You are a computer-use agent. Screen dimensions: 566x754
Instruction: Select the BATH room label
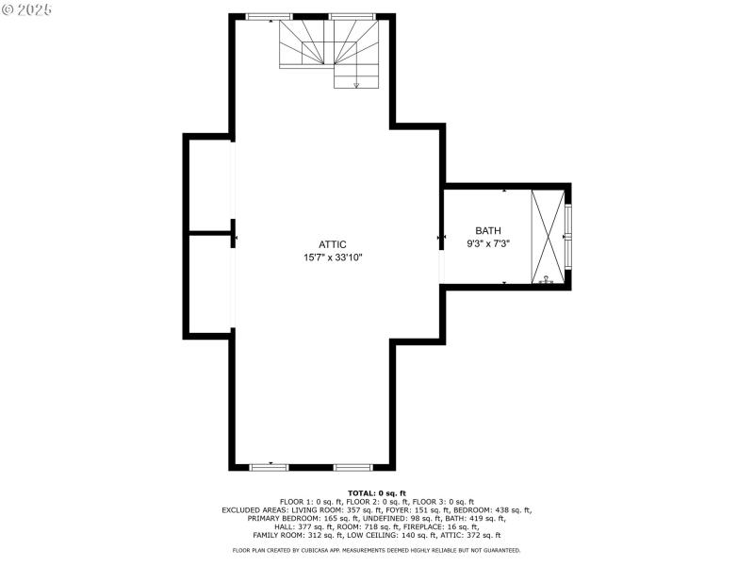tap(488, 230)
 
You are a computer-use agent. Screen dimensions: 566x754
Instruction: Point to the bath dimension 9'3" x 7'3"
tap(488, 243)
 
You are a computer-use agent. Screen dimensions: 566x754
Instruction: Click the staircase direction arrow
tap(356, 84)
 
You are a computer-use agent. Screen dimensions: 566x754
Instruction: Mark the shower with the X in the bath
tap(548, 236)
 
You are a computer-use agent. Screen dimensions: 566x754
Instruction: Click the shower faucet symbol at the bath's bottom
tap(546, 278)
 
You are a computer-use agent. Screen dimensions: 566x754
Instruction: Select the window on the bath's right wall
tap(568, 236)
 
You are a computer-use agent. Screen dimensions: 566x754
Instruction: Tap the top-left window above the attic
tap(269, 16)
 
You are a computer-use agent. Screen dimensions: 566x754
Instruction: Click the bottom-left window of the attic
tap(269, 466)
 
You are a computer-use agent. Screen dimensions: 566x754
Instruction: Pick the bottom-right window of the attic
tap(353, 466)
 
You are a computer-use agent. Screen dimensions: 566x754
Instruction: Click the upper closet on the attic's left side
tap(210, 185)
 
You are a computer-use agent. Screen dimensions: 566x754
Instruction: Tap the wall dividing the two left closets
tap(210, 233)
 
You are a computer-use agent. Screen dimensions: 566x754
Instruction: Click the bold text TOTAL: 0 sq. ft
tap(377, 493)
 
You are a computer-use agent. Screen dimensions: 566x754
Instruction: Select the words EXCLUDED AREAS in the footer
tap(253, 510)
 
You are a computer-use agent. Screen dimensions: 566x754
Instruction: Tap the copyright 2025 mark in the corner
tap(27, 8)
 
